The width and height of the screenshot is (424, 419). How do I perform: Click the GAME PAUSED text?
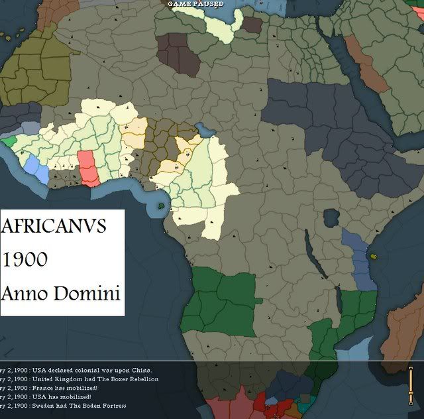point(195,4)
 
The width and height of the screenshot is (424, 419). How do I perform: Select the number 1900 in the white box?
point(25,259)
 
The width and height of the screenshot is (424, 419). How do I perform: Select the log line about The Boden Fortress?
point(64,405)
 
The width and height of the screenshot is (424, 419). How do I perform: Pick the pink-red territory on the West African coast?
point(87,168)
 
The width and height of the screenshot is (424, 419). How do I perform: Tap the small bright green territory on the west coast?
point(9,141)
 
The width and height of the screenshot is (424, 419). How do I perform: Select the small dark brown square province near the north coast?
point(252,25)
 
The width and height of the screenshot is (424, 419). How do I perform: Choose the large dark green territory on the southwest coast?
point(219,299)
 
